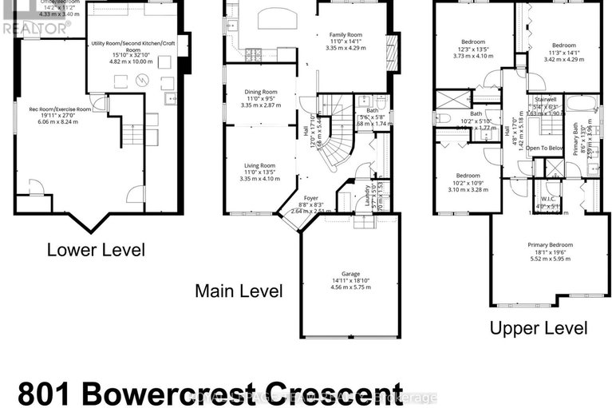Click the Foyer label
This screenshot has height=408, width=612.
311,198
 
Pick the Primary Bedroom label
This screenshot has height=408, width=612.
550,245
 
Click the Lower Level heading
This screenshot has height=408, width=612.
96,250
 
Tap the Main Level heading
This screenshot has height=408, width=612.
239,291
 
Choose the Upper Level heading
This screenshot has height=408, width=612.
539,327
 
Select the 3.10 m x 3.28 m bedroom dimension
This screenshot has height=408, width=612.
468,190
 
